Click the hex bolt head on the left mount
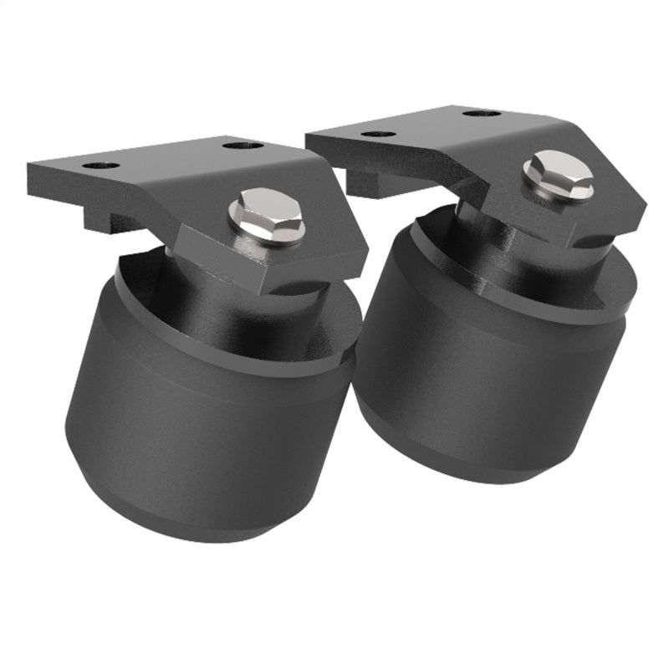[x=265, y=214]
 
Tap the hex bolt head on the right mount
[x=558, y=173]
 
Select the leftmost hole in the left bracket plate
[x=100, y=165]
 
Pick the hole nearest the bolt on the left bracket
[x=243, y=146]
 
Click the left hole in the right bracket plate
[x=379, y=134]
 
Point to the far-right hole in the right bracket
[x=482, y=113]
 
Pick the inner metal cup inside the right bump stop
[x=502, y=251]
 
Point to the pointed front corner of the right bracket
[x=640, y=213]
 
